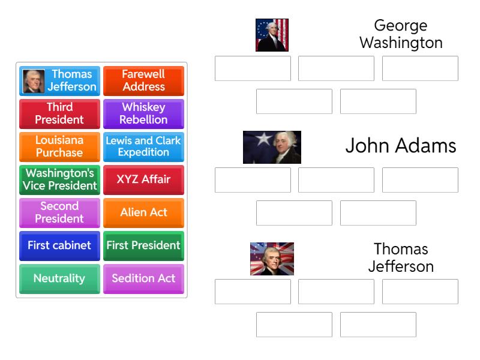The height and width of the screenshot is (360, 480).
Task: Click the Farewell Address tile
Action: pos(143,80)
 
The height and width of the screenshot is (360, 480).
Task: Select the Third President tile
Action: pos(59,113)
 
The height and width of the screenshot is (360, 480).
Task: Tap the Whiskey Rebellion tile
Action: pos(143,113)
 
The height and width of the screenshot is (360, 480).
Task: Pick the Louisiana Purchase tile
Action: pos(59,146)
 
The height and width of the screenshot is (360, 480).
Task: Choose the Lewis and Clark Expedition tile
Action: pos(143,146)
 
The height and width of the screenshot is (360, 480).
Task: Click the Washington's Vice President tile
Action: pos(59,179)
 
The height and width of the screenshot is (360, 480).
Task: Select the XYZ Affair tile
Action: pos(143,179)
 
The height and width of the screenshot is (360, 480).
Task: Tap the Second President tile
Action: pos(59,212)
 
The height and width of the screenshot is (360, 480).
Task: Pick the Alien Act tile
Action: pos(143,212)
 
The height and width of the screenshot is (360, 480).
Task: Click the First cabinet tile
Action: pos(59,245)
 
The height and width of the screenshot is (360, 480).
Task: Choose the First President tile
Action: pos(143,245)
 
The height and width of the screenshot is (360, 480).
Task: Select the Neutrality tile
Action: pos(59,278)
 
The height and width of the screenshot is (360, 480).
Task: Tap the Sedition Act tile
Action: pos(143,278)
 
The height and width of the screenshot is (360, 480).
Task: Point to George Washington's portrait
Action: pos(272,35)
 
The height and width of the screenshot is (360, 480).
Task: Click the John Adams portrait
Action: pos(272,147)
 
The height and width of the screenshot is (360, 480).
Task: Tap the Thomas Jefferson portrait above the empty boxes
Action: pos(272,259)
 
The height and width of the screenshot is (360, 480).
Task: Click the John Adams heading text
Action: pos(400,146)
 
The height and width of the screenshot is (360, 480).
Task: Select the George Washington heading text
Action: pos(400,34)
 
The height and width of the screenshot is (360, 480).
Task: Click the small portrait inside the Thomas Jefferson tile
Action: pos(34,81)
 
